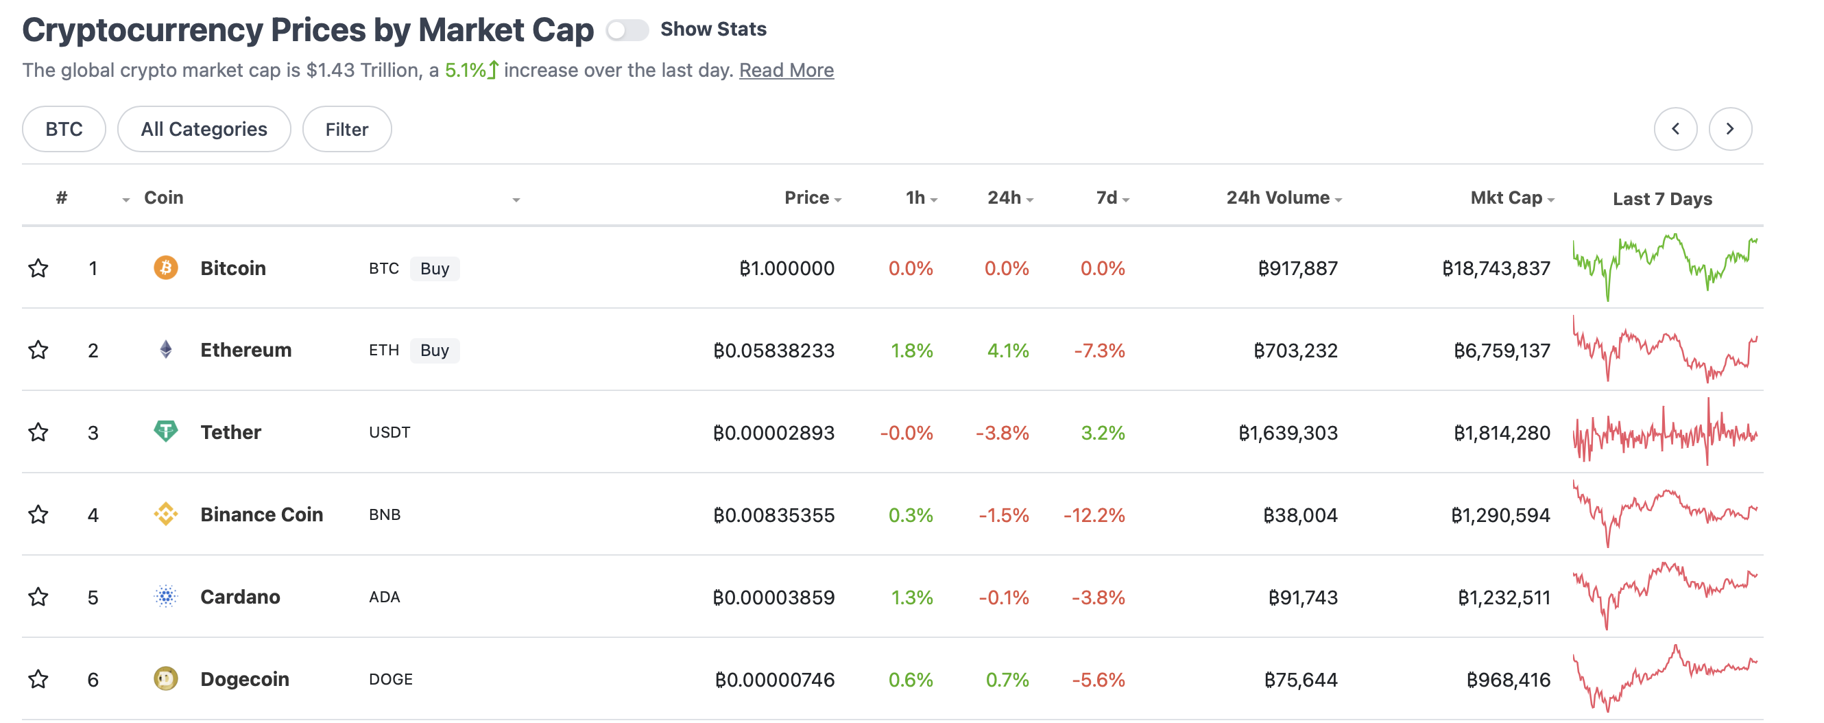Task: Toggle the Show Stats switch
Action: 627,29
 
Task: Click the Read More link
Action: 786,70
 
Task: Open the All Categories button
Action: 204,129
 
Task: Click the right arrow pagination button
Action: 1730,129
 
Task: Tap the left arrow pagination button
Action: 1675,129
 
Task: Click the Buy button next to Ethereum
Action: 435,351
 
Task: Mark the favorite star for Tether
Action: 38,432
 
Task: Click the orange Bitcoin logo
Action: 166,268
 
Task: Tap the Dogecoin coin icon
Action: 166,679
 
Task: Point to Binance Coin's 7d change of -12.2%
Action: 1094,514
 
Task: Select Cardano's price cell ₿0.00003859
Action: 774,597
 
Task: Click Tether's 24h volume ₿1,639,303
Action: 1288,433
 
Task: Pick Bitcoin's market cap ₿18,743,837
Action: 1496,268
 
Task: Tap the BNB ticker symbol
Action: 385,514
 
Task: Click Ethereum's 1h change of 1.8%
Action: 911,351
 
